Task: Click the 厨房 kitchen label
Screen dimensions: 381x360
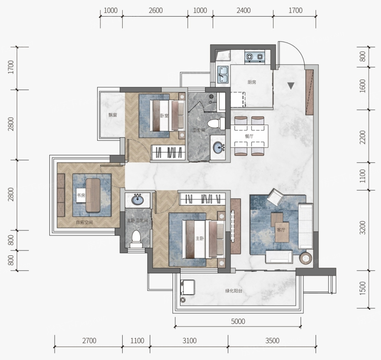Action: (252, 82)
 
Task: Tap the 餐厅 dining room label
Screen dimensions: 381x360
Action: (249, 136)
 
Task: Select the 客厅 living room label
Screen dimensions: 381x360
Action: (281, 230)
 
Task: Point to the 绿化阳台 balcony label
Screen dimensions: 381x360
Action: (234, 291)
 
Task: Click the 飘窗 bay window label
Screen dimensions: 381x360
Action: (112, 115)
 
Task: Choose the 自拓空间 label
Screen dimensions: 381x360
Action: (84, 222)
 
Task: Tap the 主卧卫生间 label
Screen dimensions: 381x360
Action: (137, 221)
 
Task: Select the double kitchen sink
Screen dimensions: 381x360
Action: (223, 75)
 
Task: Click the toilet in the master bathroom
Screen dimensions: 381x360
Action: (136, 239)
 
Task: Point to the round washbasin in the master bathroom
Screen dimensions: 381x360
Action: (137, 200)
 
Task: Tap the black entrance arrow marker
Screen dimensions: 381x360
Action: (291, 86)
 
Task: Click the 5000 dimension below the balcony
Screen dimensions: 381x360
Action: (238, 321)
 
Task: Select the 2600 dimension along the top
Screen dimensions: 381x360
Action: (155, 10)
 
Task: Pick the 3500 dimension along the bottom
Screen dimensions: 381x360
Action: (272, 341)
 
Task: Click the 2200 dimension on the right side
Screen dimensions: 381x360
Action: (363, 137)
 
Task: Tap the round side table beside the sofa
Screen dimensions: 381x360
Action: (306, 258)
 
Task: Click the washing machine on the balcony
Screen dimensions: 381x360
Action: (187, 287)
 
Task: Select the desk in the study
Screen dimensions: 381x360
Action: (93, 195)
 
